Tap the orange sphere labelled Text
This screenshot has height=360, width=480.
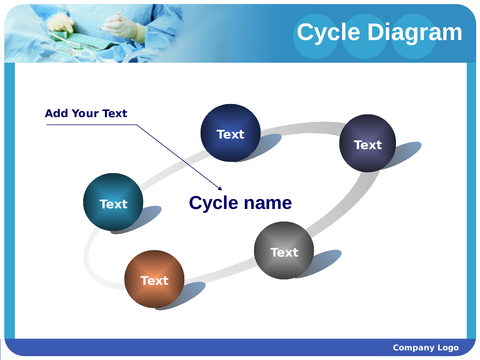coord(154,279)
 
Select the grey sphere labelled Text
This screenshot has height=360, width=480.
coord(284,251)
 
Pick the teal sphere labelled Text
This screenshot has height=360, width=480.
coord(113,202)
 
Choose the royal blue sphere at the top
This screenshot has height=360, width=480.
coord(230,133)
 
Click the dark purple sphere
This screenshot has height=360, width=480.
coord(368,143)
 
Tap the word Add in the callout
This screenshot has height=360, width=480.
coord(56,113)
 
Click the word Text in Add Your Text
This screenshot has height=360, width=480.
coord(115,113)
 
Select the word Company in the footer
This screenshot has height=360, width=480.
coord(414,348)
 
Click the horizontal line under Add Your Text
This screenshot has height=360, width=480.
coord(92,125)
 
